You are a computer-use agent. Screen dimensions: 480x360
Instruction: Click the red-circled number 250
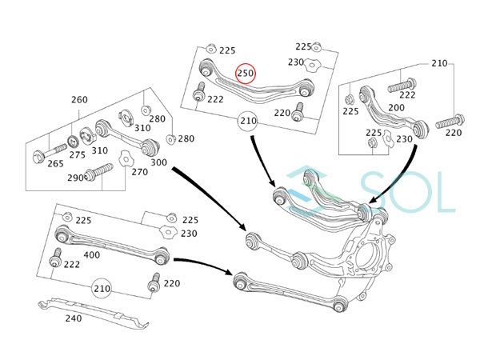[x=246, y=73]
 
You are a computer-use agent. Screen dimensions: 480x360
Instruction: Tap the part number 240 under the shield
[x=74, y=318]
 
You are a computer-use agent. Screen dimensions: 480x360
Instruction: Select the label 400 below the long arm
[x=91, y=254]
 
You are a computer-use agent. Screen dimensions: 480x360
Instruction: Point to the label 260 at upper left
[x=79, y=99]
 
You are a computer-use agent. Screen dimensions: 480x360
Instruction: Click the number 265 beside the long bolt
[x=55, y=163]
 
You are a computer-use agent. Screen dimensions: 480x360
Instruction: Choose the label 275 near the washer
[x=77, y=154]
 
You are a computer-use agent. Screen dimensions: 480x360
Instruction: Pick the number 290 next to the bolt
[x=75, y=178]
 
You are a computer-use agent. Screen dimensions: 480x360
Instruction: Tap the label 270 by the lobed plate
[x=140, y=172]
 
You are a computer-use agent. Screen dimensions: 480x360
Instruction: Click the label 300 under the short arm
[x=158, y=162]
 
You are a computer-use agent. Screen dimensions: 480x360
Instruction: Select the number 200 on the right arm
[x=397, y=107]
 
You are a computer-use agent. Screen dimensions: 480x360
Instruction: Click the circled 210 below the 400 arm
[x=102, y=288]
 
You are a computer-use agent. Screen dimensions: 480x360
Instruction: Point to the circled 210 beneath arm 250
[x=248, y=121]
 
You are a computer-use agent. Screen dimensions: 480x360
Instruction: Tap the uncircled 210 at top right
[x=439, y=63]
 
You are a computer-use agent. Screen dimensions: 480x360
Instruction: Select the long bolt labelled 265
[x=50, y=153]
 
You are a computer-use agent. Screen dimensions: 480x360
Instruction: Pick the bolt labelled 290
[x=98, y=172]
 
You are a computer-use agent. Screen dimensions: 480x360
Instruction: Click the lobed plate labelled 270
[x=126, y=158]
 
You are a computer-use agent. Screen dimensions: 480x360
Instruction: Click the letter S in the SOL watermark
[x=377, y=192]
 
